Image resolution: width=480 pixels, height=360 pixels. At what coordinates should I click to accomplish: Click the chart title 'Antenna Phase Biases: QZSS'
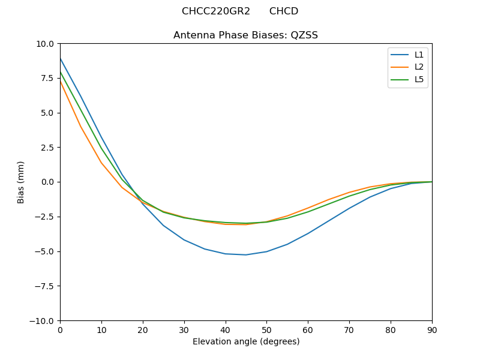pos(245,35)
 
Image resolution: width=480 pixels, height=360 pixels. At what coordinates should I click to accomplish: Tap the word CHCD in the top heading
pos(284,11)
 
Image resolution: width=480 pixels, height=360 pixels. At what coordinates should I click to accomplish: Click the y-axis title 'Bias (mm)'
pos(21,182)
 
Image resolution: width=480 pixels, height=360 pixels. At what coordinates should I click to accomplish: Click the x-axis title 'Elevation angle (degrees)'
pos(246,342)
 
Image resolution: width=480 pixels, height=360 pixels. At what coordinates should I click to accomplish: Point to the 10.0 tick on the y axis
pos(44,44)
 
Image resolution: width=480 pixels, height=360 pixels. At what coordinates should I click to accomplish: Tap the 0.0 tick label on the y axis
pos(47,182)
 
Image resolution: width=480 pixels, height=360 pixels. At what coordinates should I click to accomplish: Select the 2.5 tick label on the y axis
pos(47,148)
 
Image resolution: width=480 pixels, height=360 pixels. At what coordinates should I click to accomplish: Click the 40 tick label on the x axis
pos(225,330)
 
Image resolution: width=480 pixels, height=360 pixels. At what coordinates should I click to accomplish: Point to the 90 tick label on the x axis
pos(432,330)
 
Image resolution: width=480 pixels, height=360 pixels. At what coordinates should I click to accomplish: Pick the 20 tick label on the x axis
pos(143,330)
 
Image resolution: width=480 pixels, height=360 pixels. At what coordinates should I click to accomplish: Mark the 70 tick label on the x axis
pos(349,330)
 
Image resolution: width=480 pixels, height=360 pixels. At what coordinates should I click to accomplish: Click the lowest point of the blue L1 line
pos(246,255)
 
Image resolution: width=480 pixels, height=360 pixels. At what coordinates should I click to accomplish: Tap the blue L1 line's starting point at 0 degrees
pos(60,58)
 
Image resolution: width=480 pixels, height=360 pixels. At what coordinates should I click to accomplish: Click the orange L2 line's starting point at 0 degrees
pos(60,80)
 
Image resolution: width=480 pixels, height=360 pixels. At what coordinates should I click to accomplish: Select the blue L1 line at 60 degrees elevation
pos(308,233)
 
